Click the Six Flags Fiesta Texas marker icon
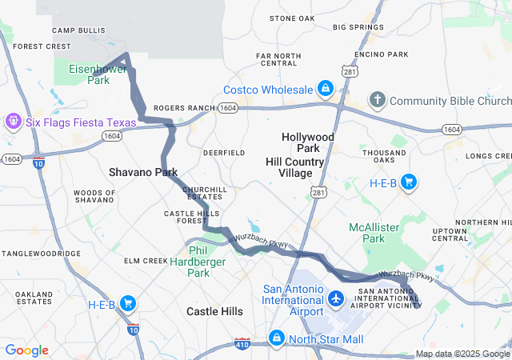click(13, 122)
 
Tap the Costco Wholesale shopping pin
click(326, 88)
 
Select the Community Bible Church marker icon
click(377, 100)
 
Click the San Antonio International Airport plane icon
click(336, 299)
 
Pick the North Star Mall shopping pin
click(277, 339)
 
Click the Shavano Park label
click(143, 172)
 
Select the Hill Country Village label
click(295, 167)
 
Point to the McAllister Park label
click(374, 233)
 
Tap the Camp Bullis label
click(74, 30)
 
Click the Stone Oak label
click(292, 18)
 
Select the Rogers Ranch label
click(185, 107)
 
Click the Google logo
click(27, 350)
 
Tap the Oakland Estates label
click(34, 298)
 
